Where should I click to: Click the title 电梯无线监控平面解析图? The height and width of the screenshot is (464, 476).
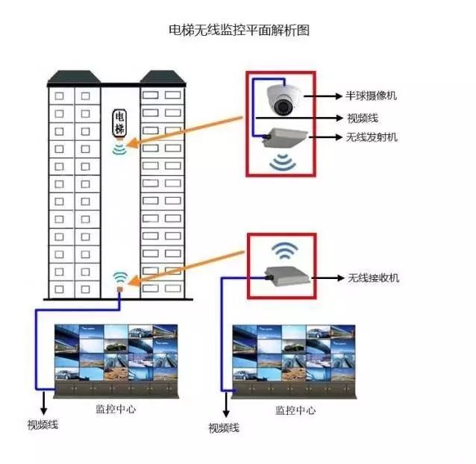[239, 30]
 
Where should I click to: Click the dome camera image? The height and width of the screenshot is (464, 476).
[284, 100]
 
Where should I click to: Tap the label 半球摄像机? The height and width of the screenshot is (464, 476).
[371, 96]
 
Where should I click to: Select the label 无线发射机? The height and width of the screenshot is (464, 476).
[372, 137]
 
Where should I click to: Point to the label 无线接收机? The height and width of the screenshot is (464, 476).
[373, 278]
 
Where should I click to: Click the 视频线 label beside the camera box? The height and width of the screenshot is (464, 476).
[363, 118]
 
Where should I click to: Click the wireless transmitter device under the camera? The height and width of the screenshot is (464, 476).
[285, 137]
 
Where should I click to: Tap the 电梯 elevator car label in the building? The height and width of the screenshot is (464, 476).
[119, 122]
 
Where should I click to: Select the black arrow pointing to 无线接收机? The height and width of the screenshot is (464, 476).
[328, 278]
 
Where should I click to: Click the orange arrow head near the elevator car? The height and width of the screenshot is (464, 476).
[132, 143]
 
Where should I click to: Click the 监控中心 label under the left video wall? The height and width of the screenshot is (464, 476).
[116, 409]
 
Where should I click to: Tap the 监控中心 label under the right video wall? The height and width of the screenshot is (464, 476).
[295, 410]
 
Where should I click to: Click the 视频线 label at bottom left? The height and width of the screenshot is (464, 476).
[43, 424]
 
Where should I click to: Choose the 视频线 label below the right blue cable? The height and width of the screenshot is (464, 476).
[224, 428]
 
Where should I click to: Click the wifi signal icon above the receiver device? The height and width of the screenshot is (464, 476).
[284, 251]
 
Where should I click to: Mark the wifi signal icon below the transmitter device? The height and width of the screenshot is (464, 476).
[283, 163]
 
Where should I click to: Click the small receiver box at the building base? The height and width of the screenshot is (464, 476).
[120, 289]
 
